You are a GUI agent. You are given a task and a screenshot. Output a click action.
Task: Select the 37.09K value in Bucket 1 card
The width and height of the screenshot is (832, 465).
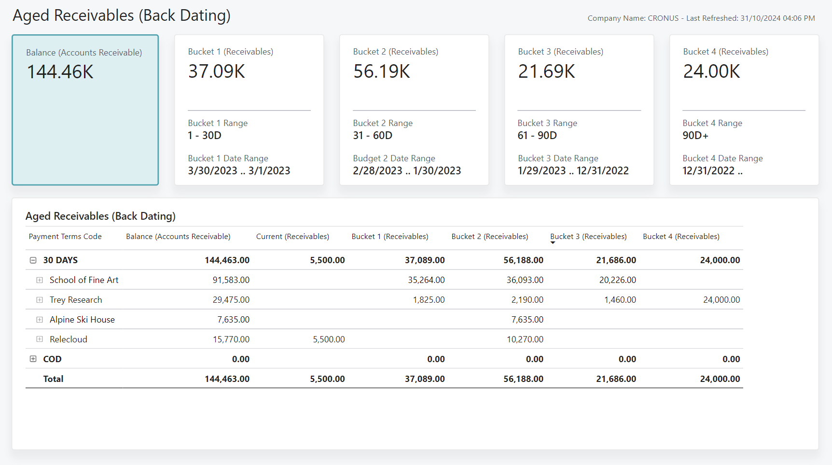[x=217, y=71]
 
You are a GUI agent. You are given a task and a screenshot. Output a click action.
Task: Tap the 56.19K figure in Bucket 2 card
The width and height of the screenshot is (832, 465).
[x=381, y=71]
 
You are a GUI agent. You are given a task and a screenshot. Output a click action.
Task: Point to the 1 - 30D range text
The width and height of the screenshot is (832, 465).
[x=205, y=136]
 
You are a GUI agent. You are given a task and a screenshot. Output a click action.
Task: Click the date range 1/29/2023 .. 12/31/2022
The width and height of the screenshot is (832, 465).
[x=573, y=171]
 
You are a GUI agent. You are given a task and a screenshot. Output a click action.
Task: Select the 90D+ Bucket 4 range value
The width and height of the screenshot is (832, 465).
[x=695, y=136]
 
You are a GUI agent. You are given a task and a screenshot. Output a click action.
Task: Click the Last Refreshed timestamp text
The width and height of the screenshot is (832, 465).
[x=750, y=18]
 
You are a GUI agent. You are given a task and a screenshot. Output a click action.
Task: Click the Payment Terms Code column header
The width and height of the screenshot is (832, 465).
[x=65, y=237]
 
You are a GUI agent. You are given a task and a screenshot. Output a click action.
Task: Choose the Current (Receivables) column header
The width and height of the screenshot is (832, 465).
[x=292, y=237]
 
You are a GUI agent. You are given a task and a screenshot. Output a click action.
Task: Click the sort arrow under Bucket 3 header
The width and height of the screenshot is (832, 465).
[x=553, y=243]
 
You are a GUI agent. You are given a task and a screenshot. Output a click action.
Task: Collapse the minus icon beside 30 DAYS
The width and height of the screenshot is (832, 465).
[x=33, y=260]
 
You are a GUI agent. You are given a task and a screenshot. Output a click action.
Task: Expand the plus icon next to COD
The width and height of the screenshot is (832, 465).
[x=33, y=359]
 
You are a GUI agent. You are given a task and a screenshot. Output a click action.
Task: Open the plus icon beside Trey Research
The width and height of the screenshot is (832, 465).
[x=40, y=300]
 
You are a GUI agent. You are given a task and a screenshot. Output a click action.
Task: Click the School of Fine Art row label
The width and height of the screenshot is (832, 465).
[x=84, y=280]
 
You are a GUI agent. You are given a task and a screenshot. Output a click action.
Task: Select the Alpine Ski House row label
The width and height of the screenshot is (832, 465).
[x=82, y=320]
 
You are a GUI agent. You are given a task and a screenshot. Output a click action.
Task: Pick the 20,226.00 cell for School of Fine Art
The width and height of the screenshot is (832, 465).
[x=617, y=280]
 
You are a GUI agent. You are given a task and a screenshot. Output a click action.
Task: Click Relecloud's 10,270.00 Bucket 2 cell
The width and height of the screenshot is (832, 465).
[x=525, y=339]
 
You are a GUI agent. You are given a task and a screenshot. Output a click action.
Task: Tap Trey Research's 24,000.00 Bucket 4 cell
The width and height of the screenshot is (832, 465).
[x=721, y=300]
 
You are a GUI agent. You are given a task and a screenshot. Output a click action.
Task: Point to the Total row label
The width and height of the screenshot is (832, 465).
[x=53, y=379]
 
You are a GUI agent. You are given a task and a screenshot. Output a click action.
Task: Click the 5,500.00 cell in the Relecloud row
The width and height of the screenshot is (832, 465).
[x=329, y=339]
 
